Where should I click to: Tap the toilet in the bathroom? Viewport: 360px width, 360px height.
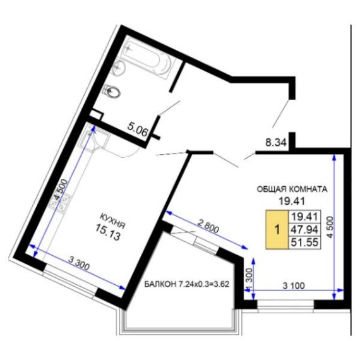[112, 92]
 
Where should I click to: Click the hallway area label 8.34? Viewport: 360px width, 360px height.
[276, 143]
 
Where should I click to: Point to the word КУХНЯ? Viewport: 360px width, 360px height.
[112, 221]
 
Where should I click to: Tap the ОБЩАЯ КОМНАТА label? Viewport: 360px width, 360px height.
[292, 189]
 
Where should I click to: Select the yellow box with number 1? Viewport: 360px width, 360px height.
[277, 229]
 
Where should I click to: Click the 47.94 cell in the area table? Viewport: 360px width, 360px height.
[304, 229]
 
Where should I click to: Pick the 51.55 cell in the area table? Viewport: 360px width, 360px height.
[304, 242]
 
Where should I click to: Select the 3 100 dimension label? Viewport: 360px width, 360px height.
[294, 285]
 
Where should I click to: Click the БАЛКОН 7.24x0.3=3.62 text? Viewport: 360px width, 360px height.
[187, 284]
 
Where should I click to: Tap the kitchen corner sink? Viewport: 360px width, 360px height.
[94, 137]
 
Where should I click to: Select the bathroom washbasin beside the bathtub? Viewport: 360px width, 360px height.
[119, 68]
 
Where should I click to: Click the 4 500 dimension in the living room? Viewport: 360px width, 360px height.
[330, 227]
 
